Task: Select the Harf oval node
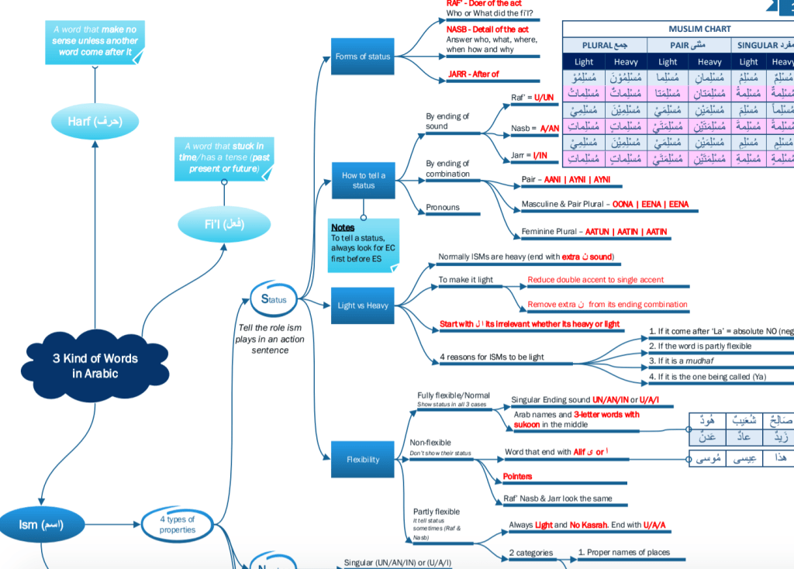(x=95, y=122)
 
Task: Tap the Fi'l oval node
(x=224, y=224)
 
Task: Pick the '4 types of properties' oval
(x=177, y=525)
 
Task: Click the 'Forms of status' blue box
(x=363, y=57)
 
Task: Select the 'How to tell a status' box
(x=363, y=181)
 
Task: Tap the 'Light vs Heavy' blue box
(x=363, y=305)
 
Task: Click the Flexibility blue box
(x=363, y=460)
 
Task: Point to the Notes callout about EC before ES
(x=363, y=243)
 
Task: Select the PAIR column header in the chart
(x=689, y=45)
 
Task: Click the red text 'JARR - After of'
(x=473, y=74)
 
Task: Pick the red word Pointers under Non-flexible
(x=517, y=476)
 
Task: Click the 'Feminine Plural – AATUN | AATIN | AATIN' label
(x=594, y=232)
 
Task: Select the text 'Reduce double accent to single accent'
(x=595, y=280)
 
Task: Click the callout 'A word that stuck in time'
(x=224, y=157)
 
